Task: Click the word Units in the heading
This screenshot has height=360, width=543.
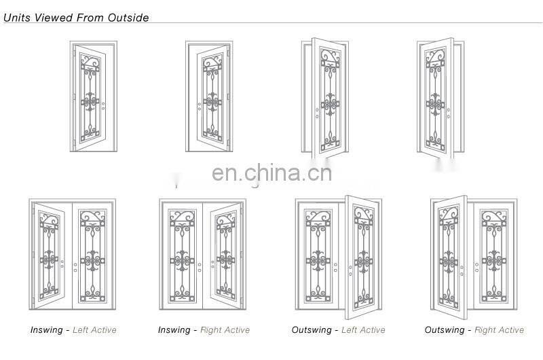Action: tap(17, 18)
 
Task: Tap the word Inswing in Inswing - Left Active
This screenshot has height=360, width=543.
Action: tap(46, 330)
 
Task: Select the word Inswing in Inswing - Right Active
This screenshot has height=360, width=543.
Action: tap(174, 330)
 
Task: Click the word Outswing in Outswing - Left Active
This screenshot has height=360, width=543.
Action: tap(312, 330)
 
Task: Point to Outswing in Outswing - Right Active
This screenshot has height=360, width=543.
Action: tap(445, 330)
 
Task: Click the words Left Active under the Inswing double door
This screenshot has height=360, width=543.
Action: tap(94, 330)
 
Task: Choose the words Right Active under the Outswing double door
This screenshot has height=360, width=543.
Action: tap(500, 330)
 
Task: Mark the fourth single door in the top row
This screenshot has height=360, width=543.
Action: tap(435, 101)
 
